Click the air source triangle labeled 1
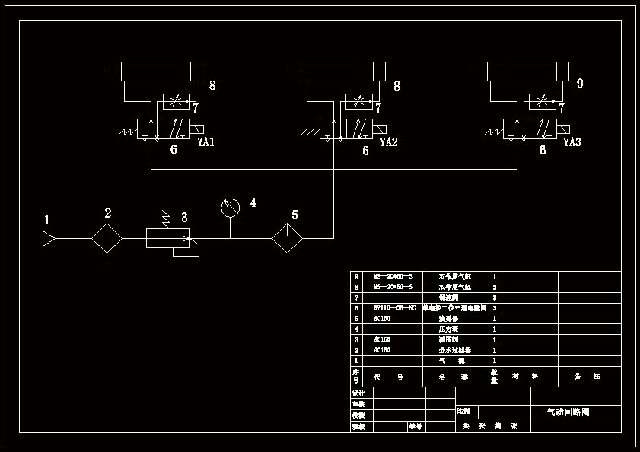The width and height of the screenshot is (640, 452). click(49, 239)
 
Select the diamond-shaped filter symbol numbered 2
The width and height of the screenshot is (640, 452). click(107, 238)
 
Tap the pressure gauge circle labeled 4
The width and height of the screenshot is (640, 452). click(230, 207)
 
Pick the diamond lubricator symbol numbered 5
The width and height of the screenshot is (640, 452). click(287, 238)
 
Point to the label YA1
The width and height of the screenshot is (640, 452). click(206, 142)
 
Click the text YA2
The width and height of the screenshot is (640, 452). click(389, 142)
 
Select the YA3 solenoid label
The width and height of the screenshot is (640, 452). click(572, 142)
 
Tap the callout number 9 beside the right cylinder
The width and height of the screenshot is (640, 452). click(580, 84)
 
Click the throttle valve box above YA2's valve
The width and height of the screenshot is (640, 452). click(359, 102)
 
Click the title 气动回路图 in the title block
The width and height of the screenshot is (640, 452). click(568, 412)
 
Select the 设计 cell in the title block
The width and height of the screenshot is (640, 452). click(359, 393)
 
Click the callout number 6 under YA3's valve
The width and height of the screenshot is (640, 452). click(543, 151)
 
